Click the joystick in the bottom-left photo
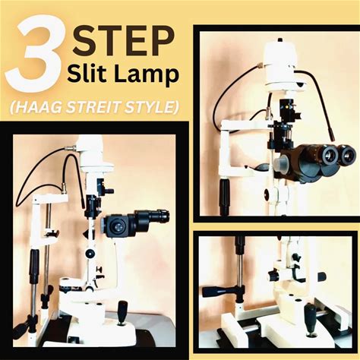tap(123, 314)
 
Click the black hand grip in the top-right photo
tap(224, 195)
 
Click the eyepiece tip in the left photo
tap(162, 216)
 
